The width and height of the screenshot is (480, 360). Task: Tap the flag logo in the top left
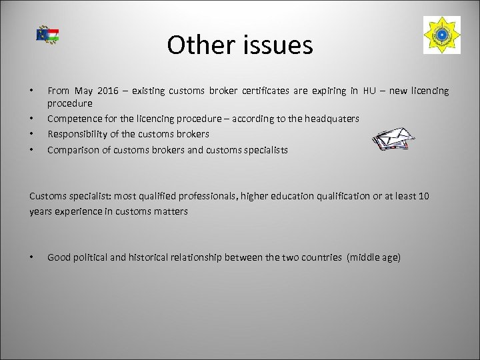click(47, 35)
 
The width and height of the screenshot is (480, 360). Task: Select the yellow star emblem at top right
click(441, 35)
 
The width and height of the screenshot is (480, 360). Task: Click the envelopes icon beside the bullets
click(393, 141)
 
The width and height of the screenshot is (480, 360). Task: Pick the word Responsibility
click(81, 134)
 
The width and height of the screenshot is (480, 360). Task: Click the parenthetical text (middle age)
click(373, 257)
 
